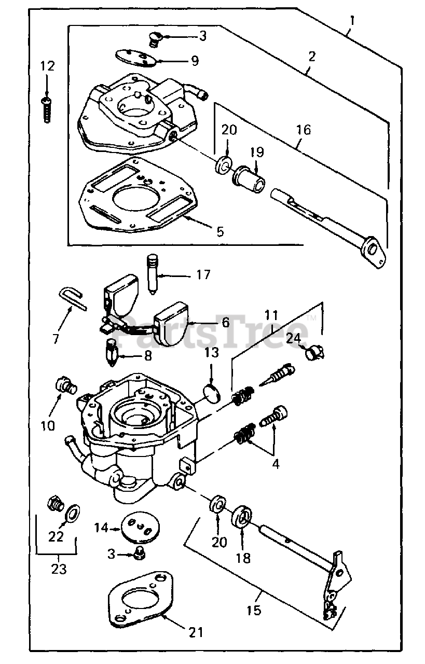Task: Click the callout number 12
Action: (x=47, y=66)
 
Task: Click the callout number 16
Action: (x=303, y=130)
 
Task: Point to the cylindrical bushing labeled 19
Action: (x=248, y=179)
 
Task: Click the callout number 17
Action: (x=203, y=274)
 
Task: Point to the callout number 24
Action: (x=293, y=339)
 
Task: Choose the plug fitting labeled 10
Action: (x=65, y=385)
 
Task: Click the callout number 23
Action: (x=59, y=570)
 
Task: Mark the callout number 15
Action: (x=254, y=611)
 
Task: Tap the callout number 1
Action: (x=352, y=21)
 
